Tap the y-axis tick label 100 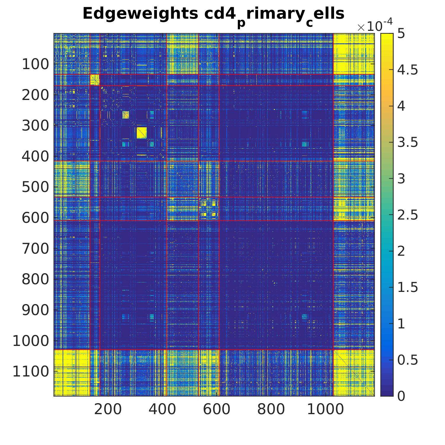(35, 64)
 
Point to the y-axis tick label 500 (35, 187)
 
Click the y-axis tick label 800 (35, 279)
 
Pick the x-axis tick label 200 (108, 410)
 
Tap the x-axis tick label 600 (217, 410)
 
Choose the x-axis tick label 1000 (325, 410)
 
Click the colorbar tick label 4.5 (407, 70)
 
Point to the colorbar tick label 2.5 (407, 215)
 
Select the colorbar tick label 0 (401, 396)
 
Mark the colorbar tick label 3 (401, 179)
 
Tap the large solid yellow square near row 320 (142, 133)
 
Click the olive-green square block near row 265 (126, 115)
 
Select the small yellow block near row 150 (95, 80)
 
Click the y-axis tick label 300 (35, 126)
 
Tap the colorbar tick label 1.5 (407, 287)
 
